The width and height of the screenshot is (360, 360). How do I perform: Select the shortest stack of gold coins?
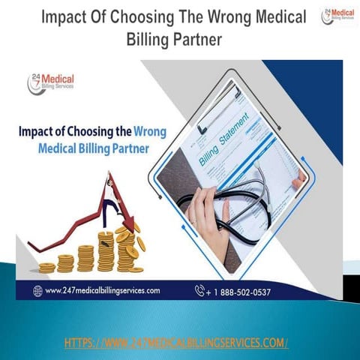(46, 267)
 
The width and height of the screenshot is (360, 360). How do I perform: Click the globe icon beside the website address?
(37, 290)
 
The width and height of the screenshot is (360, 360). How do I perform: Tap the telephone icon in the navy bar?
(199, 289)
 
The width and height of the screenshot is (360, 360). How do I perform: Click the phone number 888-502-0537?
(247, 290)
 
